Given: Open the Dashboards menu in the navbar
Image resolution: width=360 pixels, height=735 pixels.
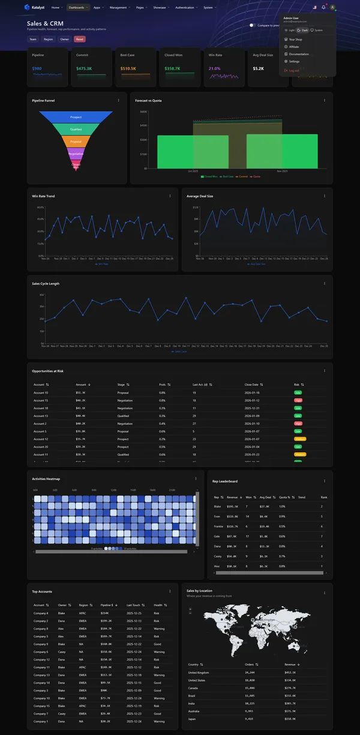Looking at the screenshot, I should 77,8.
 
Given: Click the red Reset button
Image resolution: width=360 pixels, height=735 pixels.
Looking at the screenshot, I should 80,39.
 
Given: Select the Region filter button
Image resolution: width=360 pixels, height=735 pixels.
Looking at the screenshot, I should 48,39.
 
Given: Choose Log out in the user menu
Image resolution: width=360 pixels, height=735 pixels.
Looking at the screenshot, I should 294,70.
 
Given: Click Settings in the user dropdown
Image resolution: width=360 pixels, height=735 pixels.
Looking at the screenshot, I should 294,61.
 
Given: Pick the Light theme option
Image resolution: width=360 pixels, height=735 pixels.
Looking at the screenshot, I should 290,30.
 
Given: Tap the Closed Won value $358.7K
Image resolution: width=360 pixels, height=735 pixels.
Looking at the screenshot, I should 172,68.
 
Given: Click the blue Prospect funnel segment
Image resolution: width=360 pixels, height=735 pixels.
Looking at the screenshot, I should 76,117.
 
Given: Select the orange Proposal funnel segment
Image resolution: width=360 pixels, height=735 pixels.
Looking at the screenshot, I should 76,142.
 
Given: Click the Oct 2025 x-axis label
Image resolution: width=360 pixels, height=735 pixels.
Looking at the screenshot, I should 193,171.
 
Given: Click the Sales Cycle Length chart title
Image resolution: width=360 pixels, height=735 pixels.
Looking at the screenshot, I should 46,283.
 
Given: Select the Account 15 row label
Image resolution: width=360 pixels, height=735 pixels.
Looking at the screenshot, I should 41,400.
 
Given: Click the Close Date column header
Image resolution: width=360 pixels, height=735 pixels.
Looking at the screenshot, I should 253,385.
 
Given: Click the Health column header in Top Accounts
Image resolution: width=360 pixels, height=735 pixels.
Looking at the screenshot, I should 159,605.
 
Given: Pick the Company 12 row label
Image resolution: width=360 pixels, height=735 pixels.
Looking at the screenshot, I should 41,659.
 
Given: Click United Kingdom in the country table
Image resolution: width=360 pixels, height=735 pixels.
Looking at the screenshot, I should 200,673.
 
